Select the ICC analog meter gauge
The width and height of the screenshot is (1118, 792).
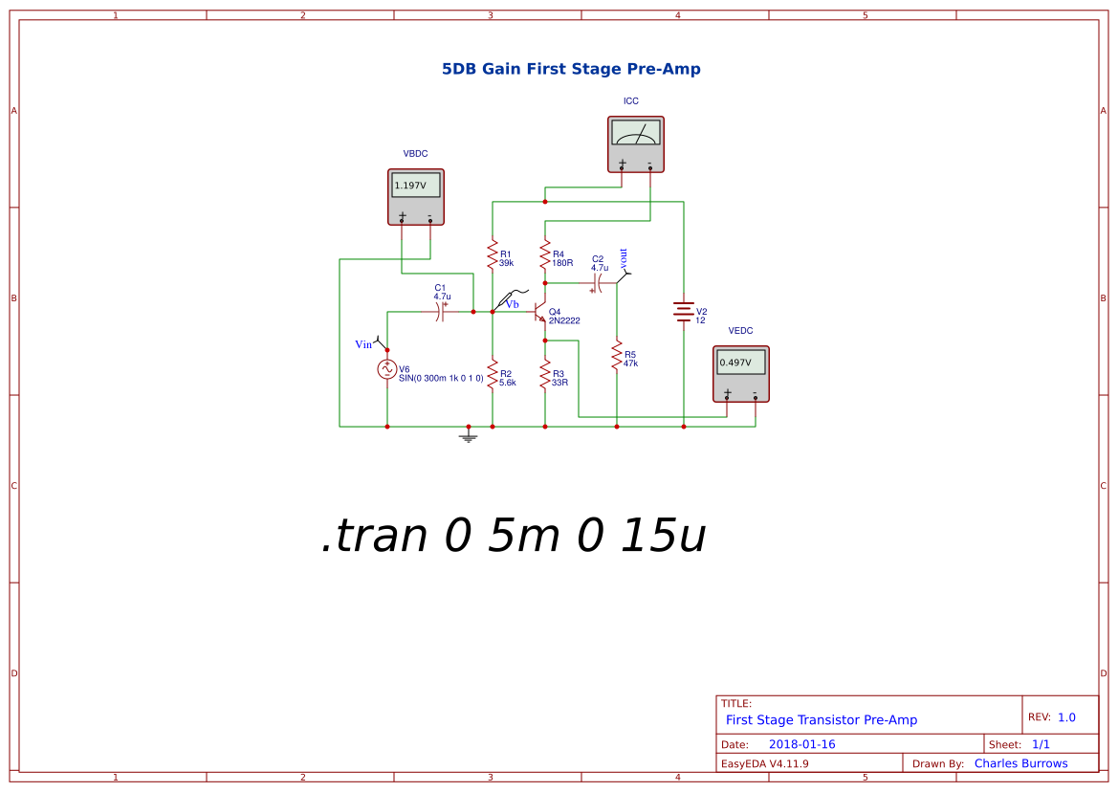point(636,133)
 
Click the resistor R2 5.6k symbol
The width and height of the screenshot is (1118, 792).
point(493,375)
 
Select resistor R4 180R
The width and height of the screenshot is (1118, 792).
point(545,256)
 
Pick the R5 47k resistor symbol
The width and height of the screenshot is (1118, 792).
point(617,357)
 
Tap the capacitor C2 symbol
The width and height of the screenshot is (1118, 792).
point(599,283)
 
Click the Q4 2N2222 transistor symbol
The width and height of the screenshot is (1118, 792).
point(538,315)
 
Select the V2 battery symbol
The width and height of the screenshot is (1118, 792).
point(683,312)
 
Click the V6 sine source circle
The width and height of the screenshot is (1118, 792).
point(387,369)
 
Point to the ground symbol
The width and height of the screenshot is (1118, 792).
point(468,437)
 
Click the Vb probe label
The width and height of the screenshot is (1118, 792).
point(513,303)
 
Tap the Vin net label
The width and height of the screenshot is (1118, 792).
point(363,343)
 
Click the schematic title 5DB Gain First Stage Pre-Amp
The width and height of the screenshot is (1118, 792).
point(571,69)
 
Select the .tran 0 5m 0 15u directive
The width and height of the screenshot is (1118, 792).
point(514,537)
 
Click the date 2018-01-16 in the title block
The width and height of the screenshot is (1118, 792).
point(802,744)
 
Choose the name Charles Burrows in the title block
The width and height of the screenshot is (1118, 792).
point(1020,763)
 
